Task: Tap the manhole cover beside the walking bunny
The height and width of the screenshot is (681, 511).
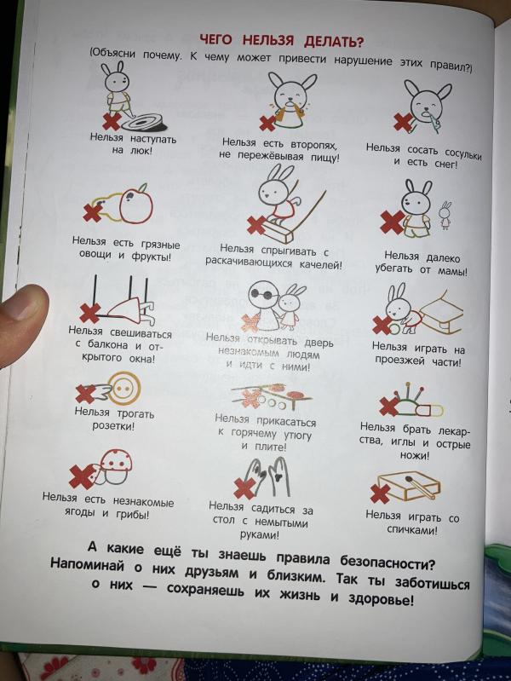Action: click(144, 122)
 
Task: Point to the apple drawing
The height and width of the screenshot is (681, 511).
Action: click(136, 204)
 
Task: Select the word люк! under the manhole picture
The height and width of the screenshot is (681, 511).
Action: click(141, 151)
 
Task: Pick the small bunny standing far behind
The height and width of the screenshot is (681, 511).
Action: click(445, 215)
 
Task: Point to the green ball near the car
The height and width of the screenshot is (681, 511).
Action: click(394, 329)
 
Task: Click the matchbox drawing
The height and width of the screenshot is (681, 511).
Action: click(409, 486)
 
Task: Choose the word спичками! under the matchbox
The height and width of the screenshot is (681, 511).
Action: click(411, 530)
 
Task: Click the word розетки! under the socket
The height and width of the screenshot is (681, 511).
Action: click(113, 425)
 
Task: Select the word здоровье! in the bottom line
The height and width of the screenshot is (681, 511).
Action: click(382, 601)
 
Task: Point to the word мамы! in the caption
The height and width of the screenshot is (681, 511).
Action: click(452, 271)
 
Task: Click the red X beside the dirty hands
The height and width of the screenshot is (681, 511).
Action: click(244, 488)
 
